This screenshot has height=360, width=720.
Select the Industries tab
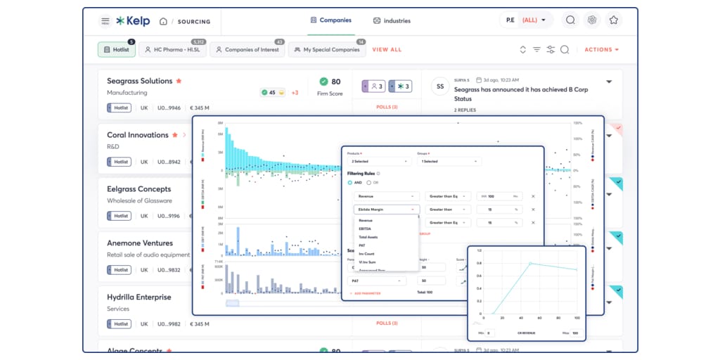[392, 20]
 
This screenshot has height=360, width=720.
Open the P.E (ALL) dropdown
[526, 20]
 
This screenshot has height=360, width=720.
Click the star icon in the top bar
[613, 20]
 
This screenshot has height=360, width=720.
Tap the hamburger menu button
[105, 21]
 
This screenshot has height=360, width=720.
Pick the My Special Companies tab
[326, 50]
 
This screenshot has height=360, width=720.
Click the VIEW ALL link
[387, 50]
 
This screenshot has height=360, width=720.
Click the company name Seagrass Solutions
[139, 81]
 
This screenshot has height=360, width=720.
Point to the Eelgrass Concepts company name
[139, 189]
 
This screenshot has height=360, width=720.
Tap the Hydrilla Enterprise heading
[139, 297]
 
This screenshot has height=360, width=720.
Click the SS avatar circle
[440, 86]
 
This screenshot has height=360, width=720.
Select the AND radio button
[350, 183]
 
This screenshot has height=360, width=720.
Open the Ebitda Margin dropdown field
[386, 210]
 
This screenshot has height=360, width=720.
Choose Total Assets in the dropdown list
[368, 237]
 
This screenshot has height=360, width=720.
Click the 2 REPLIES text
[465, 110]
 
